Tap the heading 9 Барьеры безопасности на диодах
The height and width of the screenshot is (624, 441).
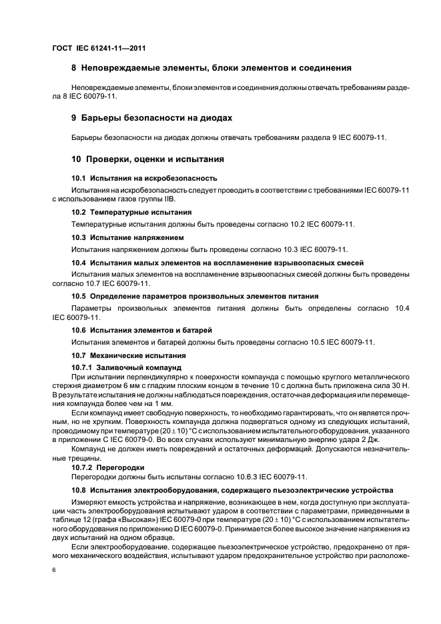(151, 118)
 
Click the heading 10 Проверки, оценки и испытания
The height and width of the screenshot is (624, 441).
(147, 159)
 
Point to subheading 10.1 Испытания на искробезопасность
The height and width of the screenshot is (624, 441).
(144, 179)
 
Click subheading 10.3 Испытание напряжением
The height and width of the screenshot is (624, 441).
(127, 237)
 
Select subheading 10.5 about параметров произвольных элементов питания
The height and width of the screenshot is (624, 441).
(194, 295)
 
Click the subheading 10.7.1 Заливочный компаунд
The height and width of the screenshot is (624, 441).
(126, 367)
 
